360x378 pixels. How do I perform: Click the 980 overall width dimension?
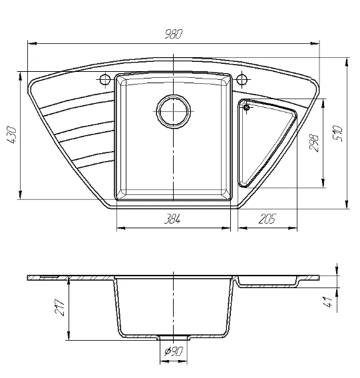tap(174, 34)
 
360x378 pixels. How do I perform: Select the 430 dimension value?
tap(11, 135)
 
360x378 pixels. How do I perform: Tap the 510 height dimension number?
tap(337, 133)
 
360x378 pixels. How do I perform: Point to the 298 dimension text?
tap(314, 143)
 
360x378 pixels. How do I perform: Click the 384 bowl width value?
tap(172, 219)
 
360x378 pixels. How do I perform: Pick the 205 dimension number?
tap(267, 219)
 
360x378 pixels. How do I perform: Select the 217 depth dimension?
tap(60, 307)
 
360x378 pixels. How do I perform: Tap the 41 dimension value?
tap(328, 302)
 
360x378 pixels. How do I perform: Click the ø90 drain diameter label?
tap(174, 351)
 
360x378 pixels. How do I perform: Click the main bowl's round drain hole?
tap(174, 111)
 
